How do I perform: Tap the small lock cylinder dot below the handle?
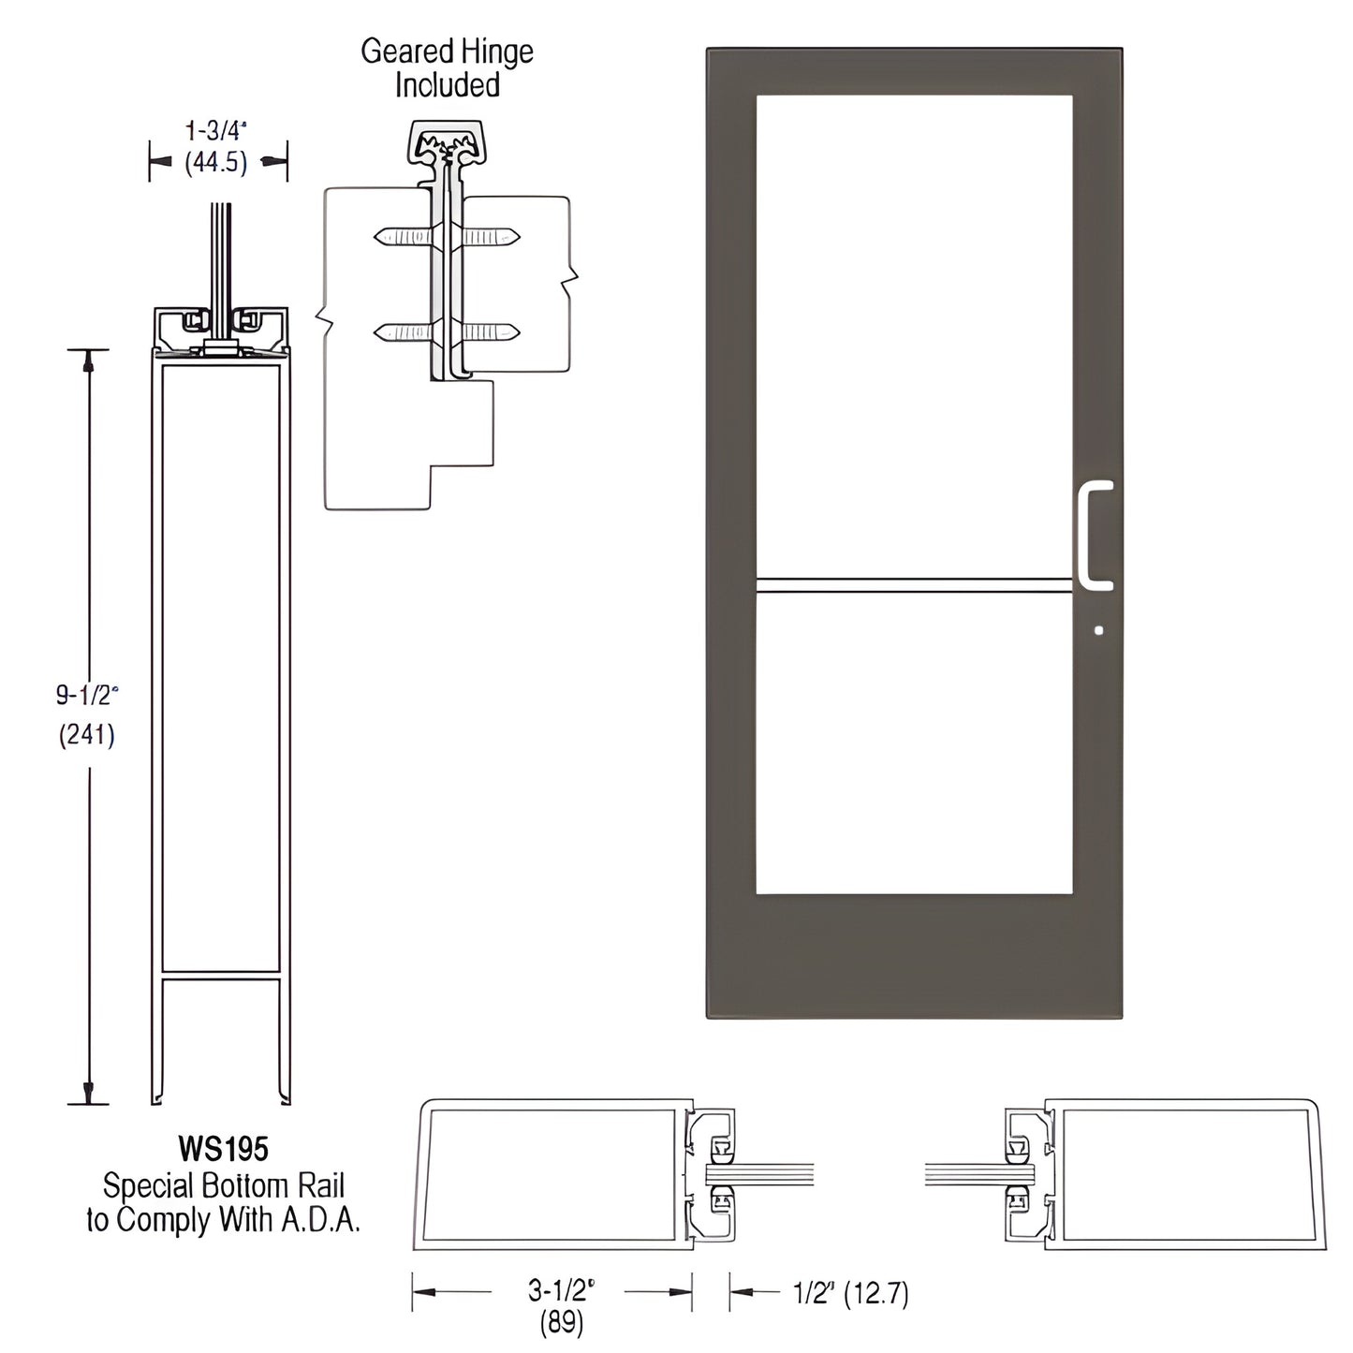point(1098,630)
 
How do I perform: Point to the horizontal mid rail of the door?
point(914,585)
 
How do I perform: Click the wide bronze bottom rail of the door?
point(914,955)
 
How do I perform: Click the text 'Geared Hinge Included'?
point(448,67)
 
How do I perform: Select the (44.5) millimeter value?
point(216,163)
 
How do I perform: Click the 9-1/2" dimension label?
point(87,695)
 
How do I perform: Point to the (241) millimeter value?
point(87,735)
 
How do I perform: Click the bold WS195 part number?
point(223,1148)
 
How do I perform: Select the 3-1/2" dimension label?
point(561,1291)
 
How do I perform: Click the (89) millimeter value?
point(561,1322)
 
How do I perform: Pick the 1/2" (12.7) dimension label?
point(850,1293)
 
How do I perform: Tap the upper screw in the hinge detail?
point(447,237)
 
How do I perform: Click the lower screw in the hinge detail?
point(447,331)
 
